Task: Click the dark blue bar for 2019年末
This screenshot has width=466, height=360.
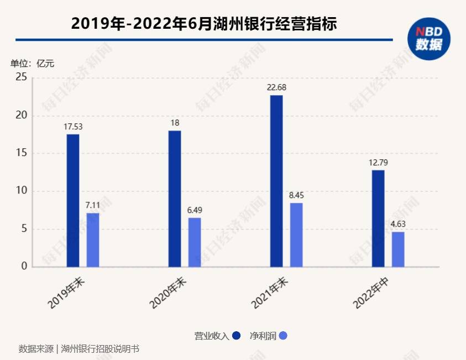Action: click(x=73, y=201)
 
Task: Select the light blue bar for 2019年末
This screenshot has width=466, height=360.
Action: click(x=93, y=240)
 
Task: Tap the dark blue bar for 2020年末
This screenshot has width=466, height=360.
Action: click(x=175, y=199)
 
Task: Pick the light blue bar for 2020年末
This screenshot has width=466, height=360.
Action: click(x=195, y=242)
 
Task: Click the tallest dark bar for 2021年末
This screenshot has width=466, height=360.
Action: click(x=276, y=181)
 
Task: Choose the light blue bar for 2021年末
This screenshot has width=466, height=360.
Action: click(x=296, y=235)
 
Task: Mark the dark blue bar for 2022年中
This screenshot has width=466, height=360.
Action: click(x=378, y=218)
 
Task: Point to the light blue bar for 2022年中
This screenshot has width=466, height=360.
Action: click(x=398, y=249)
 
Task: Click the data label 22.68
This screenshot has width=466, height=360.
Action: click(x=276, y=87)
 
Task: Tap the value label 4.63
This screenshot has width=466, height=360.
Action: click(x=398, y=224)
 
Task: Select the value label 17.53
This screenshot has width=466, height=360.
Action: click(x=73, y=127)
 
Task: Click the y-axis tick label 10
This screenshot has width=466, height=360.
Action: click(x=22, y=191)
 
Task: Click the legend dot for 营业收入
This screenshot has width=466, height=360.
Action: click(x=237, y=336)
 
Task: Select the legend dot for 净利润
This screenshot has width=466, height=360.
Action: click(x=283, y=336)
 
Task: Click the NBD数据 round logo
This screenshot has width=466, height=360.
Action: click(x=429, y=39)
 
